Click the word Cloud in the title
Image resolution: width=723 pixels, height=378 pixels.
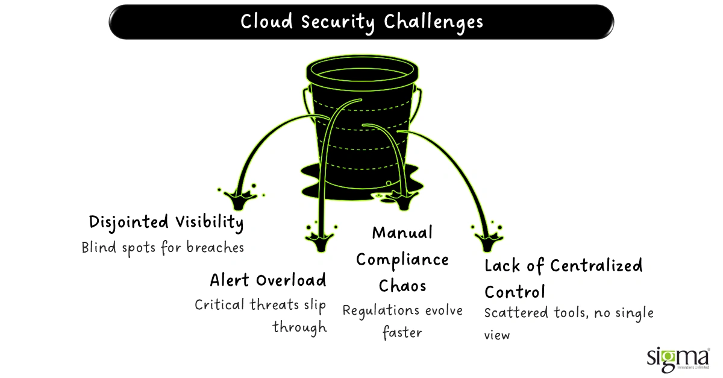tap(264, 22)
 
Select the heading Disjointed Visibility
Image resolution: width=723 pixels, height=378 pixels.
tap(166, 222)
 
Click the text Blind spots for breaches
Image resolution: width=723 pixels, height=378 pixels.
tap(163, 247)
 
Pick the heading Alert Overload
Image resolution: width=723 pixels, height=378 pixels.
tap(268, 280)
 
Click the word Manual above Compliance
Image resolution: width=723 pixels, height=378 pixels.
tap(402, 233)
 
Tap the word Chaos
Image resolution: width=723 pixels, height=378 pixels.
tap(402, 285)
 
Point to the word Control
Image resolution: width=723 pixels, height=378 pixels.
tap(515, 292)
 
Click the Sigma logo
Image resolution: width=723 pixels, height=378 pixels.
tap(677, 359)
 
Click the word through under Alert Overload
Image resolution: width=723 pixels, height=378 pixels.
tap(299, 327)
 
